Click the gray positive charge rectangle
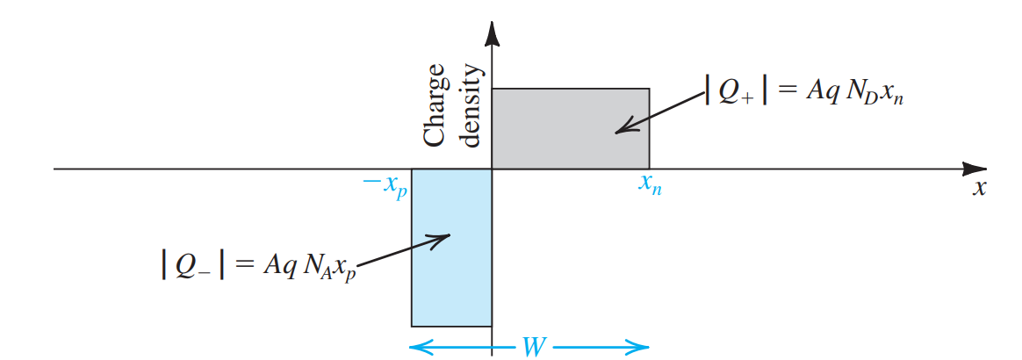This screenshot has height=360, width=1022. pos(571,128)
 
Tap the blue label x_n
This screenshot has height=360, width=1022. pos(650,187)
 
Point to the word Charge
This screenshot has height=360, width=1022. pos(436,110)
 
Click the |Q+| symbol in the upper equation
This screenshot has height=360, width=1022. pos(736,92)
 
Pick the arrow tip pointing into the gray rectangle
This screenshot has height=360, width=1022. pos(617,133)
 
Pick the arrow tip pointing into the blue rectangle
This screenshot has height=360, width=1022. pos(449,234)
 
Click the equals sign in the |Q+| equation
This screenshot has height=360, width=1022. pos(787,91)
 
